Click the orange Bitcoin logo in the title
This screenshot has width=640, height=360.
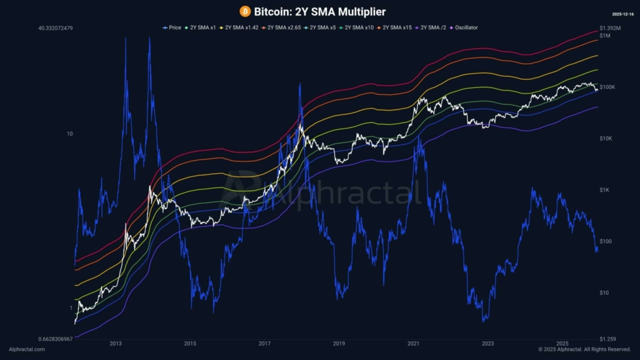point(245,11)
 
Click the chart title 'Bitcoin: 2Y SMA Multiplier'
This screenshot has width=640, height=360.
point(319,11)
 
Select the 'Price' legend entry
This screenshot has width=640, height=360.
point(172,27)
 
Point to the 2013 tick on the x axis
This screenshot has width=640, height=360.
point(116,344)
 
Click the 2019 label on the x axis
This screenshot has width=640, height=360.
point(339,344)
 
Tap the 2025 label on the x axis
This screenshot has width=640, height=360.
point(562,344)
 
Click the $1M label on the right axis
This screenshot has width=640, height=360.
point(605,36)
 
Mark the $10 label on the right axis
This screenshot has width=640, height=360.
point(604,292)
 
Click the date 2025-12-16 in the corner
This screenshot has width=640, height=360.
point(623,13)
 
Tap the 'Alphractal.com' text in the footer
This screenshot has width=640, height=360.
point(27,349)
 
